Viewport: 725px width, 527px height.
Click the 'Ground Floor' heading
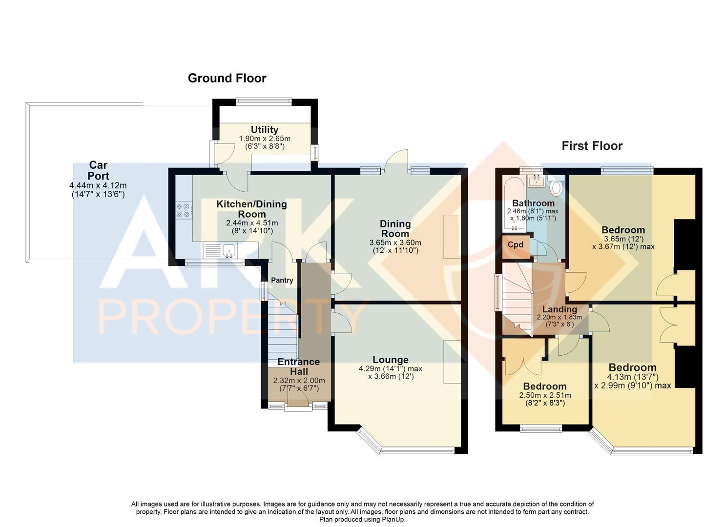tap(227, 78)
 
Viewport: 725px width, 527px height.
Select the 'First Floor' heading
tap(592, 146)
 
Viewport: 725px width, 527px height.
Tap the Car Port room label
tap(98, 171)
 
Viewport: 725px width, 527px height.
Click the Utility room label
tap(264, 129)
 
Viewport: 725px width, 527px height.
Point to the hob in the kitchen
tap(184, 210)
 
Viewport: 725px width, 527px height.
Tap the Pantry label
tap(282, 280)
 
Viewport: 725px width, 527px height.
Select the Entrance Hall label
tap(298, 366)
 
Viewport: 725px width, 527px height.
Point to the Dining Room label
tap(395, 228)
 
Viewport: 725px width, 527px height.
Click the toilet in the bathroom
tap(556, 186)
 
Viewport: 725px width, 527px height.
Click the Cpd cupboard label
tap(516, 245)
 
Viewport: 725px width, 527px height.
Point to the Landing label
tap(559, 309)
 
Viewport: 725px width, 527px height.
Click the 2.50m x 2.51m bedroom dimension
tap(545, 395)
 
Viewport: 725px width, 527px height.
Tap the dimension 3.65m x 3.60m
tap(395, 243)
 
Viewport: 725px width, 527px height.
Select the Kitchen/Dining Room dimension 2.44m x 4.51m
tap(251, 223)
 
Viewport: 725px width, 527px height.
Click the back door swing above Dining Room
tap(396, 160)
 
